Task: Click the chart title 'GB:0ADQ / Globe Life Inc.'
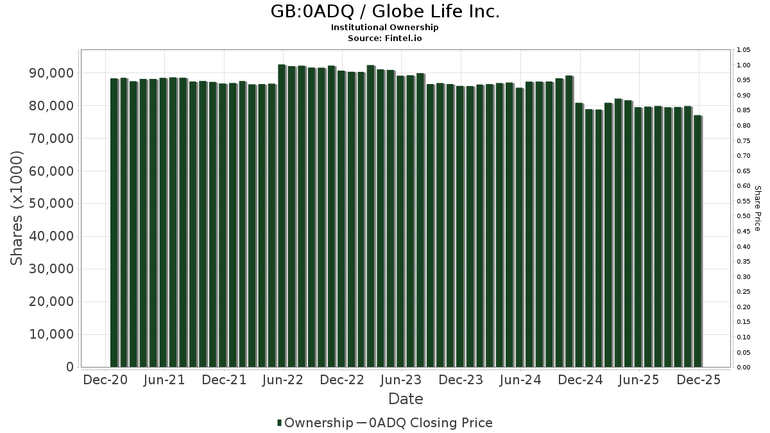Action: pos(384,12)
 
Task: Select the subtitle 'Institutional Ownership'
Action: pos(384,28)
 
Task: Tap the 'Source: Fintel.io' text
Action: pos(384,38)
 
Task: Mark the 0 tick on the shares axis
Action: pos(69,367)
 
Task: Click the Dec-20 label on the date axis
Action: pos(105,380)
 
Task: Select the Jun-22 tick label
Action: pos(283,380)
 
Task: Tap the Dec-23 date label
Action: pos(461,380)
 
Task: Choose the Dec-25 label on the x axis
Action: pos(698,380)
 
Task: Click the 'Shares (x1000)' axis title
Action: pos(17,208)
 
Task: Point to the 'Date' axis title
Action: pos(406,399)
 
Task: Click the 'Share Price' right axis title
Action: pos(757,208)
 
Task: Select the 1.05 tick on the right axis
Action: pos(743,50)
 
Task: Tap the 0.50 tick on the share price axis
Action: pos(743,216)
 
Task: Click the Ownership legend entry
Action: pos(314,423)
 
